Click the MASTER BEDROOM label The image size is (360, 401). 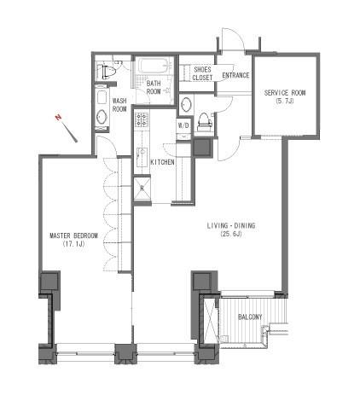pos(73,235)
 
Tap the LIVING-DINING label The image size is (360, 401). pos(231,226)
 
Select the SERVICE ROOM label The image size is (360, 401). pos(285,93)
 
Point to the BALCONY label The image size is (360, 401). pos(250,317)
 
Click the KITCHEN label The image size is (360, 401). pos(162,162)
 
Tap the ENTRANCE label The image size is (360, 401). pos(235,75)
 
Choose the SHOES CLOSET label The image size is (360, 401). pos(202,73)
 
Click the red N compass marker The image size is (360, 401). pos(59,117)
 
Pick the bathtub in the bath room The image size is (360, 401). pos(154,67)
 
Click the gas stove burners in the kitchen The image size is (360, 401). pos(142,119)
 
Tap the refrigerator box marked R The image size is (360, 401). pos(142,189)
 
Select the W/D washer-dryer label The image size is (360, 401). pos(183,125)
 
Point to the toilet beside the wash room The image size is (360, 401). pos(107,72)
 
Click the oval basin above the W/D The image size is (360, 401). pos(186,105)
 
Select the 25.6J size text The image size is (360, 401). pos(231,235)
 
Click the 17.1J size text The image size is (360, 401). pos(73,244)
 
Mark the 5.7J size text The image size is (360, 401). pos(285,101)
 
